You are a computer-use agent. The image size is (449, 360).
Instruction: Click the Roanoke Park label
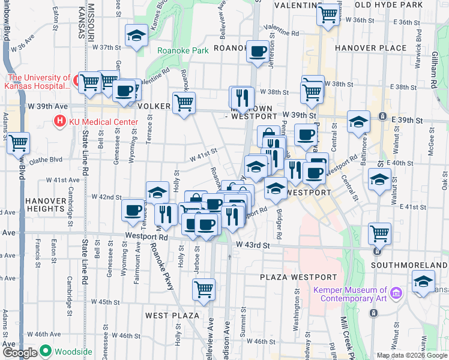click(182, 51)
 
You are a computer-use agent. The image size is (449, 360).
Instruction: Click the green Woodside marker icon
click(46, 352)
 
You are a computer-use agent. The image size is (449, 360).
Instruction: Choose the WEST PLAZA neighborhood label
click(172, 315)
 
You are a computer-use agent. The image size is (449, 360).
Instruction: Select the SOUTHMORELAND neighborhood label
click(409, 265)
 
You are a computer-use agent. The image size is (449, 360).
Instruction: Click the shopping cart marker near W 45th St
click(203, 289)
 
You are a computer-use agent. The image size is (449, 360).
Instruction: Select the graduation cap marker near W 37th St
click(136, 35)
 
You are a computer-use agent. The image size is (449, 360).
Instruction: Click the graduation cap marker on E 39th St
click(358, 121)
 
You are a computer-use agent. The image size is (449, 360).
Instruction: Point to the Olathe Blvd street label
click(48, 160)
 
